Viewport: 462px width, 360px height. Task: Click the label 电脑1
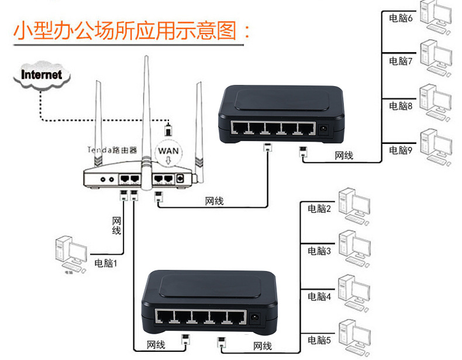pos(106,263)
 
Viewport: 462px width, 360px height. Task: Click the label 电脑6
pos(401,18)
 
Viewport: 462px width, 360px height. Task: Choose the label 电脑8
pos(401,106)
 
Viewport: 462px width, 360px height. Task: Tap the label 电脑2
pos(319,209)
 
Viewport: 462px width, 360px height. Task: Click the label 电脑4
pos(319,297)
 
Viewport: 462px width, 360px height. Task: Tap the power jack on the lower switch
pos(255,320)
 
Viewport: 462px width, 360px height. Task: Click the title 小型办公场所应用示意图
pos(132,30)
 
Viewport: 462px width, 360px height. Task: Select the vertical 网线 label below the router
pos(116,225)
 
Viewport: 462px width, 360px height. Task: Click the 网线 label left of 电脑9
pos(344,156)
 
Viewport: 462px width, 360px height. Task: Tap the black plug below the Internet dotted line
pos(168,128)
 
